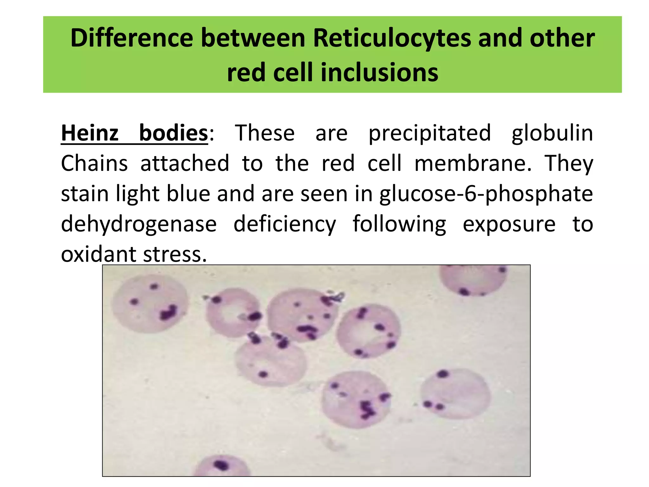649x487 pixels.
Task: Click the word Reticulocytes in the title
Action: coord(392,38)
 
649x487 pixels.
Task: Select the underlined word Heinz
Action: coord(90,133)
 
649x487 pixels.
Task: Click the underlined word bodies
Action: coord(173,133)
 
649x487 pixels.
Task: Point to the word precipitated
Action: coord(429,133)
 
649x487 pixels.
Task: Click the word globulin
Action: coord(552,133)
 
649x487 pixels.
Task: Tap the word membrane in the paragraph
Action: coord(473,163)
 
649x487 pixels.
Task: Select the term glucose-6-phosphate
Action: coord(486,194)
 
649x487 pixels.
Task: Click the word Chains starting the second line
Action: coord(94,163)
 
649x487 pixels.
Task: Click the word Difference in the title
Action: coord(132,38)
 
